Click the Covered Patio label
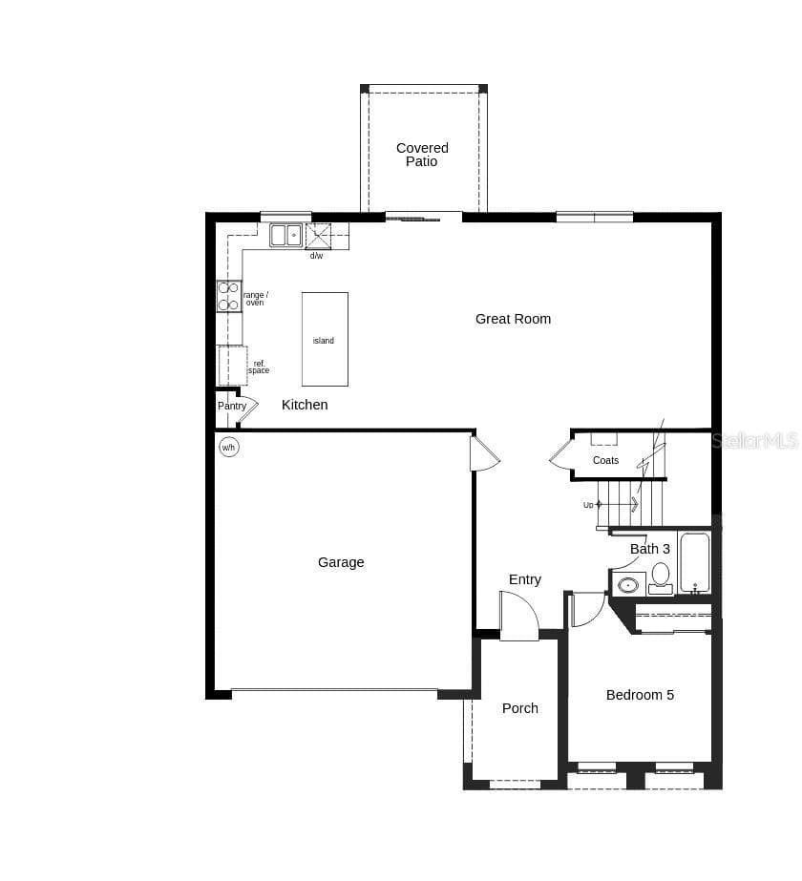point(422,155)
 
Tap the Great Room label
point(513,319)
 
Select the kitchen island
point(325,340)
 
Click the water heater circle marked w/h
point(228,448)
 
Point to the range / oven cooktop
point(229,296)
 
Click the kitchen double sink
point(286,235)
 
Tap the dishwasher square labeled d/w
point(318,236)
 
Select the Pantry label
point(232,406)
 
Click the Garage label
point(341,562)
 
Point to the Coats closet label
point(605,460)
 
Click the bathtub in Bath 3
point(695,563)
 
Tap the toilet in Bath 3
point(661,578)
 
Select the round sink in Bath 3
point(628,585)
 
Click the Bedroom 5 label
point(640,695)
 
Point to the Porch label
point(519,708)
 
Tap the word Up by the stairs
point(588,505)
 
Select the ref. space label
point(259,367)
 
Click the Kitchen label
point(305,405)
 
